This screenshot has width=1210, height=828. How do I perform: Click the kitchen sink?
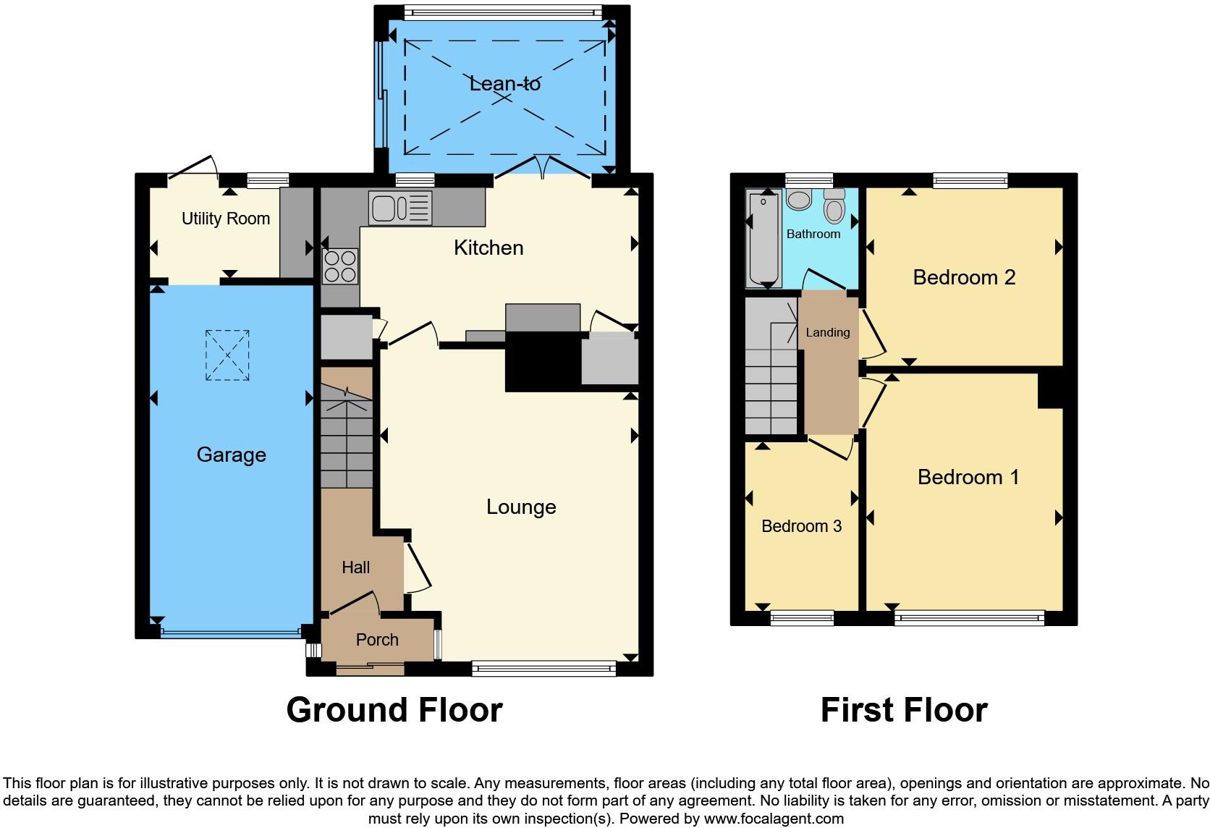(x=400, y=208)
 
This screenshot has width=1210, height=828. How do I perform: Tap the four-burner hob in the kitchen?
(x=340, y=266)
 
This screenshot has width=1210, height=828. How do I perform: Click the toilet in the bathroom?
(x=834, y=207)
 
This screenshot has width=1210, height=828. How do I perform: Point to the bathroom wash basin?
(x=799, y=200)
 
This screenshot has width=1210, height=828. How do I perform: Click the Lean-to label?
(x=504, y=84)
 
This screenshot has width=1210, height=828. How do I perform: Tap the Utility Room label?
(x=225, y=219)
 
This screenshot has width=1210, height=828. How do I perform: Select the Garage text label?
(x=231, y=455)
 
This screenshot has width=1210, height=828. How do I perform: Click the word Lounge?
(x=521, y=507)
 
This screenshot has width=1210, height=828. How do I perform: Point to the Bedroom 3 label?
(x=801, y=526)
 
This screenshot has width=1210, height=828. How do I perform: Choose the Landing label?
(x=827, y=332)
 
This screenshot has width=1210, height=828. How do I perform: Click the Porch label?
(x=377, y=640)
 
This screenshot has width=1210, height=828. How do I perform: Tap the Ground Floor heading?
(x=394, y=710)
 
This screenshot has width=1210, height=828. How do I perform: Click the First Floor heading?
(x=903, y=710)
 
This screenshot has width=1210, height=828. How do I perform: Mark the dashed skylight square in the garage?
(x=227, y=355)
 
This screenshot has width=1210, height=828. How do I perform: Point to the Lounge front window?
(x=543, y=669)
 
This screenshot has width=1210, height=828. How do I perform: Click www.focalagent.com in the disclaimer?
(x=773, y=819)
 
